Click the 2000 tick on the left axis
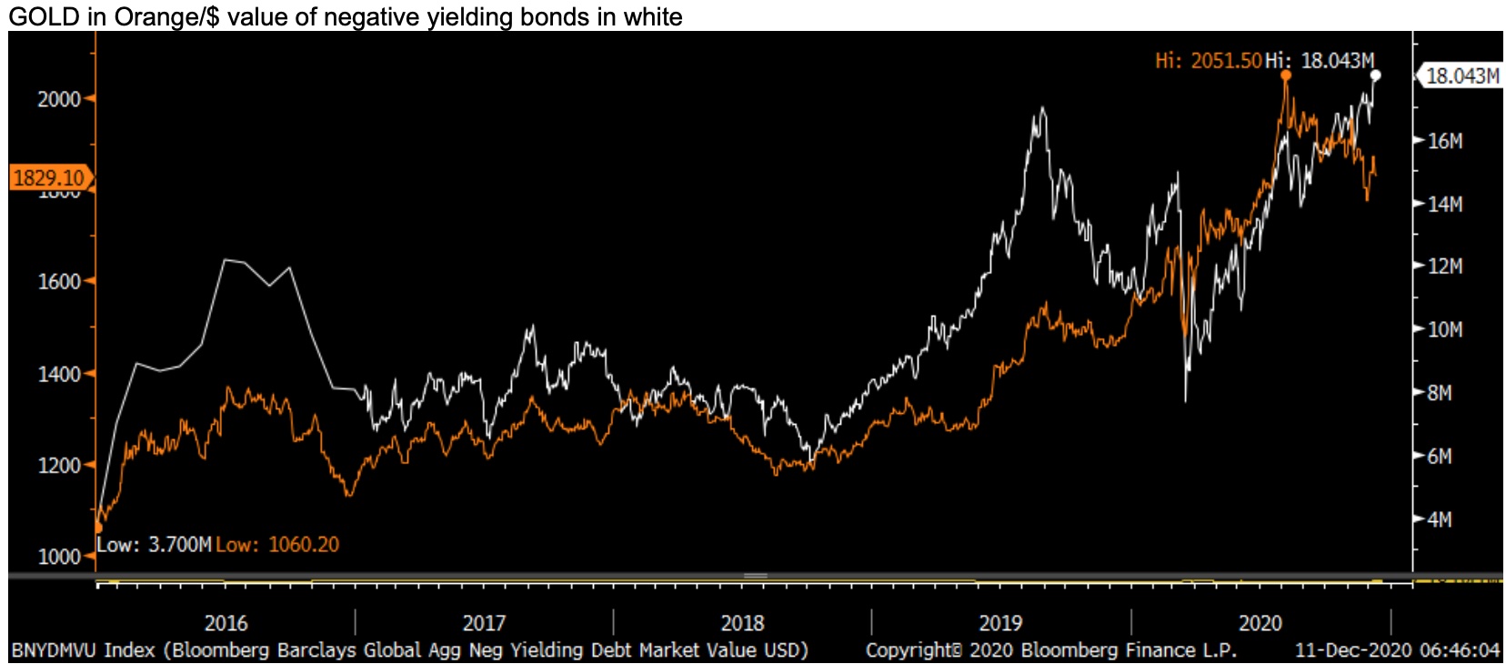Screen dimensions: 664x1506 (x=59, y=99)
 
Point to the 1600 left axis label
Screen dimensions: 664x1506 (x=59, y=282)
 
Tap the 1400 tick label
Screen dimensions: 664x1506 (x=59, y=374)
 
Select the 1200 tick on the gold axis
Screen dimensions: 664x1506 (x=59, y=466)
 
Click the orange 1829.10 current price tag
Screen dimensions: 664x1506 (x=49, y=177)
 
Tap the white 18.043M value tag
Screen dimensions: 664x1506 (x=1461, y=76)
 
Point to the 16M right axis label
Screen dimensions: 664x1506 (x=1444, y=141)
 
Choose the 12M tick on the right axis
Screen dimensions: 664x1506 (x=1444, y=267)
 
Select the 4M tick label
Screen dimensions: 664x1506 (x=1439, y=519)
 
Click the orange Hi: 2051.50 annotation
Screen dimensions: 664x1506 (x=1208, y=61)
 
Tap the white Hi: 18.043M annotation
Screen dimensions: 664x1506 (x=1320, y=61)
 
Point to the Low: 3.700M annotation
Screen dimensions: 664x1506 (x=154, y=545)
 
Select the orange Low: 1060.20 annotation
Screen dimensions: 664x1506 (x=277, y=545)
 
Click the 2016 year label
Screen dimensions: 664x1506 (x=226, y=623)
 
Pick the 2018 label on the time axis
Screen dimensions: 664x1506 (x=742, y=623)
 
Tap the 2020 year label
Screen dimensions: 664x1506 (x=1260, y=623)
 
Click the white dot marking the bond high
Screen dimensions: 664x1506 (x=1375, y=75)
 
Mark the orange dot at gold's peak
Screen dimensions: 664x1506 (x=1286, y=75)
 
